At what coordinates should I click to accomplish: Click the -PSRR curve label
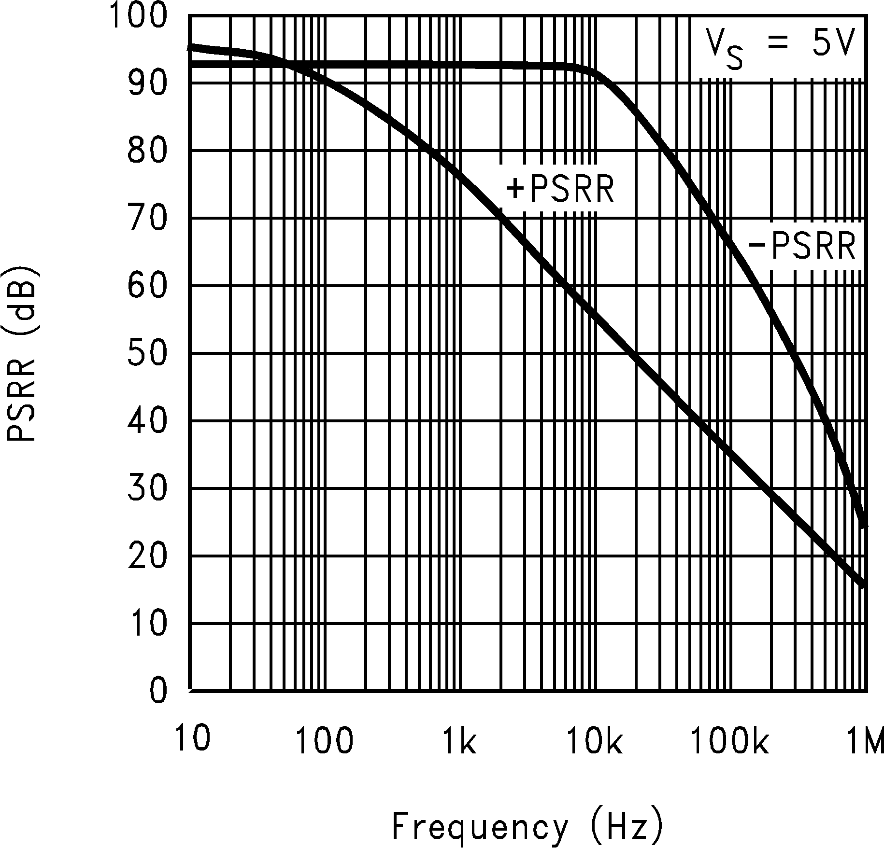(x=802, y=247)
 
